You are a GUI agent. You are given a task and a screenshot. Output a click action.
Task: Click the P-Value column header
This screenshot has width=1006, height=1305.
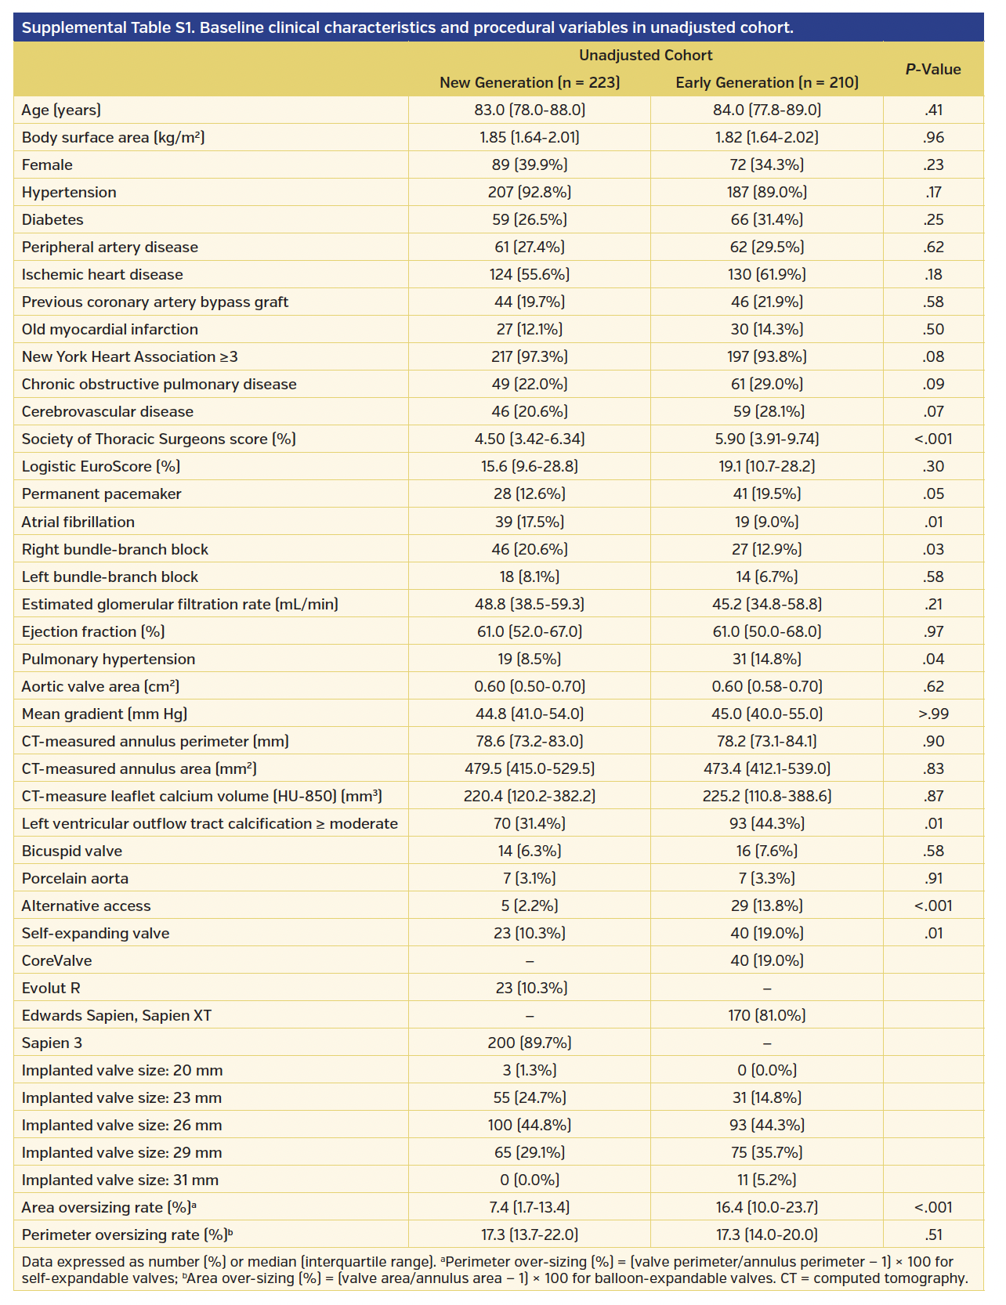pyautogui.click(x=932, y=69)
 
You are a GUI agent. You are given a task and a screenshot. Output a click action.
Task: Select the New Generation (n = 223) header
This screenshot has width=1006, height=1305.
pyautogui.click(x=530, y=82)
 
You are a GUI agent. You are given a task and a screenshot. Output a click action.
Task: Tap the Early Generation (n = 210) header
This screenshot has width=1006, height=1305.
pyautogui.click(x=766, y=82)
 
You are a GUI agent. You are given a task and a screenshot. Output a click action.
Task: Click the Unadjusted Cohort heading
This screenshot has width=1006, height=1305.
pyautogui.click(x=646, y=55)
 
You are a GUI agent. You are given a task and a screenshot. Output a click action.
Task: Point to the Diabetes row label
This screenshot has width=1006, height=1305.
pyautogui.click(x=52, y=219)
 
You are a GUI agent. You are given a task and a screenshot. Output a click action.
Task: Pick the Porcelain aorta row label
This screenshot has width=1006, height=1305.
pyautogui.click(x=75, y=878)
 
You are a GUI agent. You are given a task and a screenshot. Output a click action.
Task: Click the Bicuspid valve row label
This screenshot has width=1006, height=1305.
pyautogui.click(x=72, y=851)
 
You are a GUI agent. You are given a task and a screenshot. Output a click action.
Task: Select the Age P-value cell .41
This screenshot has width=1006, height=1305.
pyautogui.click(x=932, y=110)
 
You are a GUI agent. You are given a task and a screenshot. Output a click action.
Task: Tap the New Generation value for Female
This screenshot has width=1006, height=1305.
pyautogui.click(x=530, y=164)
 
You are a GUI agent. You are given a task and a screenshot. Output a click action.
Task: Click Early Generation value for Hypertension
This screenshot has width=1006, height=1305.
pyautogui.click(x=766, y=192)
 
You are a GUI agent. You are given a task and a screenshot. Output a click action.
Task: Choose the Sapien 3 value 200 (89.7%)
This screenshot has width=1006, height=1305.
pyautogui.click(x=530, y=1043)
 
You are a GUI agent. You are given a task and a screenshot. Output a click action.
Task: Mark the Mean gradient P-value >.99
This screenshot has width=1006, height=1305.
pyautogui.click(x=932, y=714)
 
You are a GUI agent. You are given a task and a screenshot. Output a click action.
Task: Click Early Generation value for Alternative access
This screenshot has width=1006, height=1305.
pyautogui.click(x=766, y=906)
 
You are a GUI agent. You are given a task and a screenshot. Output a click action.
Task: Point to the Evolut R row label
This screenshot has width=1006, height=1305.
pyautogui.click(x=51, y=988)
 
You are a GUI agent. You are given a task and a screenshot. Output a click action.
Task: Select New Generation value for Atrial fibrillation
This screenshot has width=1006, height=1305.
pyautogui.click(x=530, y=522)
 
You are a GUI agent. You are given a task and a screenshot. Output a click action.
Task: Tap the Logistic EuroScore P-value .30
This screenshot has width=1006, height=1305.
pyautogui.click(x=932, y=466)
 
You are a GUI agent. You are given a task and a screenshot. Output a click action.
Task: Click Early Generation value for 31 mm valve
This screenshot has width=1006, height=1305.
pyautogui.click(x=766, y=1180)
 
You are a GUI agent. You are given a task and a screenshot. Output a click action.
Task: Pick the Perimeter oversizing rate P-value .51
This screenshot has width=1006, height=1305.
pyautogui.click(x=932, y=1235)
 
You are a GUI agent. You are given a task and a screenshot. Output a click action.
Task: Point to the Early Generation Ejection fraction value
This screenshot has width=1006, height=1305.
pyautogui.click(x=766, y=631)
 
